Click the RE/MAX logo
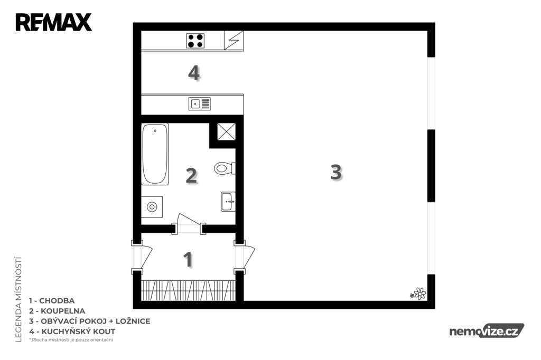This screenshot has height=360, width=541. (53, 22)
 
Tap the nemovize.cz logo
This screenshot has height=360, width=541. (487, 331)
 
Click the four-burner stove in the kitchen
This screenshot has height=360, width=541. (195, 41)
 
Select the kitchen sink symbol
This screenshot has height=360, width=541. (199, 104)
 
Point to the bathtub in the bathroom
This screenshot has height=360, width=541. (155, 154)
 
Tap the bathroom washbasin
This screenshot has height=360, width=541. (228, 202)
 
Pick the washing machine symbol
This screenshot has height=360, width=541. (152, 207)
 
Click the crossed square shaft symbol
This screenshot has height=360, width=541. (226, 132)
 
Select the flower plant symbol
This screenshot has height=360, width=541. (418, 294)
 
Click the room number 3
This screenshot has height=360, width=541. (335, 172)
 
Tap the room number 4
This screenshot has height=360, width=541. (193, 73)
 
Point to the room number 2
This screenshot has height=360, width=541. (191, 175)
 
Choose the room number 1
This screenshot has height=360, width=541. (188, 259)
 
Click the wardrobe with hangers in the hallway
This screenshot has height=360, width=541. (189, 290)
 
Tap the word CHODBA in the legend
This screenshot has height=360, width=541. (57, 301)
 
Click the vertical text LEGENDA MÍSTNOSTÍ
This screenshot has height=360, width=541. (18, 299)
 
